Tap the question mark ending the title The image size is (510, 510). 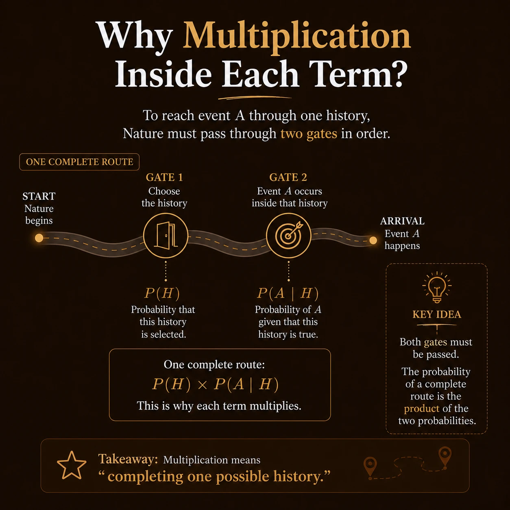click(395, 73)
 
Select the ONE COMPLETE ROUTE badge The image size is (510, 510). click(79, 162)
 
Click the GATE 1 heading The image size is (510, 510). click(164, 177)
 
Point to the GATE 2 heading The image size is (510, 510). click(288, 177)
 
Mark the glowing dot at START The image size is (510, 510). click(39, 238)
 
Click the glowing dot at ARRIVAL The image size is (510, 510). click(373, 240)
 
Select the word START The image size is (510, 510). click(39, 196)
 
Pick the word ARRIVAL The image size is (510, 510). click(402, 221)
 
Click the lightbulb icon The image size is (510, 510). click(437, 287)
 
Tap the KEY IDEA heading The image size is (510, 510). click(437, 314)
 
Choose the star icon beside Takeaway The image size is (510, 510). click(72, 465)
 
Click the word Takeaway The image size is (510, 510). click(128, 459)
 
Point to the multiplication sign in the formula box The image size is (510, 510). click(202, 385)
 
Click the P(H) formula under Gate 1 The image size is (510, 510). click(162, 293)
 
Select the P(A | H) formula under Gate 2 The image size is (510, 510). click(288, 293)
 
